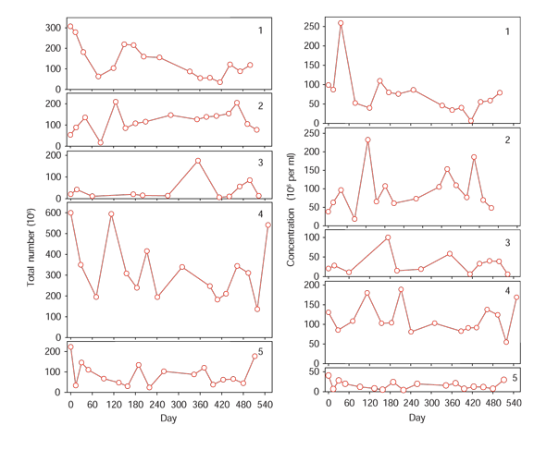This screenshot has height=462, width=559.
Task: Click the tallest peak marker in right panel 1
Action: [x=341, y=23]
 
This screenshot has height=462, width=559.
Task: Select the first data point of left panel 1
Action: [x=71, y=27]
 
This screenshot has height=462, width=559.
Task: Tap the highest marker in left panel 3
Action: [x=197, y=161]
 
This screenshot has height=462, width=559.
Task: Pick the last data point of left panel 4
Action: [x=268, y=225]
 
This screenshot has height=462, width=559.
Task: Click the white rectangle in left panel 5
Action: [x=172, y=352]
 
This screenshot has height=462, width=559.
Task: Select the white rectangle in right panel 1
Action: [x=403, y=118]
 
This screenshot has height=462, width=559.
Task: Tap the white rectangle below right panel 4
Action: [x=403, y=348]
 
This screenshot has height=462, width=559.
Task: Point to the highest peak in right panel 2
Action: [x=368, y=140]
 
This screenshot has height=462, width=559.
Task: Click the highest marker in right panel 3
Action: [x=389, y=237]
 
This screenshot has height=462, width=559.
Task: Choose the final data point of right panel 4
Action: [x=516, y=297]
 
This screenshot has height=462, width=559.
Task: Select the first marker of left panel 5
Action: [x=71, y=346]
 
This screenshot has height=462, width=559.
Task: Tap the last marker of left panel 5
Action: [x=255, y=356]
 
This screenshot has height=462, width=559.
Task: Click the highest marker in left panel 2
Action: [x=116, y=102]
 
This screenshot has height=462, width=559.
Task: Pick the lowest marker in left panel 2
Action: [x=100, y=142]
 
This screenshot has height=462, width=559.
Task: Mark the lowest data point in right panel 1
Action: [x=471, y=121]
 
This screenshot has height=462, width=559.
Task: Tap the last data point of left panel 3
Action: [x=259, y=196]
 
